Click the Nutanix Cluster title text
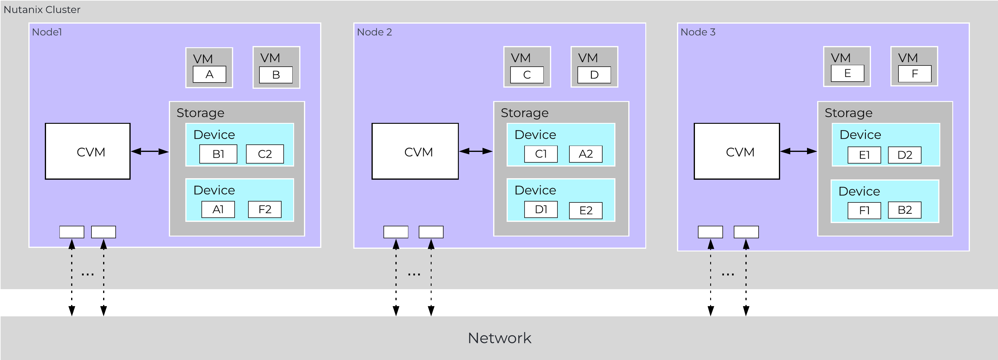[x=42, y=10]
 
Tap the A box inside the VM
[x=209, y=74]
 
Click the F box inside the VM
[x=915, y=74]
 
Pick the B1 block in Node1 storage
[x=218, y=154]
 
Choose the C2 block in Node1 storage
[x=265, y=154]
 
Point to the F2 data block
[x=265, y=210]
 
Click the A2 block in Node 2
[x=586, y=154]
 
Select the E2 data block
[x=586, y=211]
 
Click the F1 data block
[x=864, y=211]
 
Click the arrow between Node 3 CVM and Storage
[x=798, y=151]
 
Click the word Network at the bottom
[x=499, y=338]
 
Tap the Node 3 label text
[x=698, y=32]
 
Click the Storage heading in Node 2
[x=525, y=113]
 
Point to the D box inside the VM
[x=594, y=75]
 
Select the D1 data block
[x=541, y=210]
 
